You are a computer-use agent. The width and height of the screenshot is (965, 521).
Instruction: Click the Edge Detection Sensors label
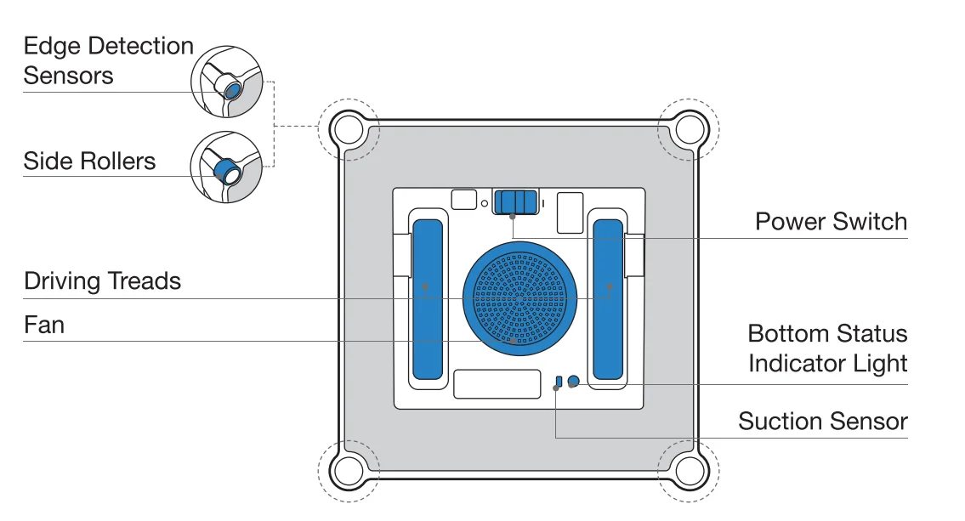108,60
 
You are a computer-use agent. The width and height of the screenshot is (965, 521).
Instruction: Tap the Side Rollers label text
89,161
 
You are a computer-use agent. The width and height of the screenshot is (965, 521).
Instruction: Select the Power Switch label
831,223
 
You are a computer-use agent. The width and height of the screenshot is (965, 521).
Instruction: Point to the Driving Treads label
102,281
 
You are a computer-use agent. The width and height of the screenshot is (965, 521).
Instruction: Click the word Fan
44,326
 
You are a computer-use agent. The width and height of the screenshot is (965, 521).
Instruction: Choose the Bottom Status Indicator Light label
827,348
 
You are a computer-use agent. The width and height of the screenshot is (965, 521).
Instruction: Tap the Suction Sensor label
822,422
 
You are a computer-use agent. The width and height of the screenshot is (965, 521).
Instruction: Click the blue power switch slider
516,201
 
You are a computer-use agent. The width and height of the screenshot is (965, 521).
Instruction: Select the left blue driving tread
427,298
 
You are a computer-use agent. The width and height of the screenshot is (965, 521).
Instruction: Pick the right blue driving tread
608,298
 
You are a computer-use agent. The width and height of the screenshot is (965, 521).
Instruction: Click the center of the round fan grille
519,297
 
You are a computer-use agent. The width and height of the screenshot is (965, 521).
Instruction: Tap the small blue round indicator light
574,382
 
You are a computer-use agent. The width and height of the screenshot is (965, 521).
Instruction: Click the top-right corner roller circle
690,129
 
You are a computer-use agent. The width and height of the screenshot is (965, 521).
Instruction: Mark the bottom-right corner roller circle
690,469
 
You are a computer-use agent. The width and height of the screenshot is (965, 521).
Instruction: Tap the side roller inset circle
224,167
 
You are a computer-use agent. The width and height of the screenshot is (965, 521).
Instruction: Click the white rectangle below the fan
497,384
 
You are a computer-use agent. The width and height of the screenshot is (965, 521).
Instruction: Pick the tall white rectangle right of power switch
570,212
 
